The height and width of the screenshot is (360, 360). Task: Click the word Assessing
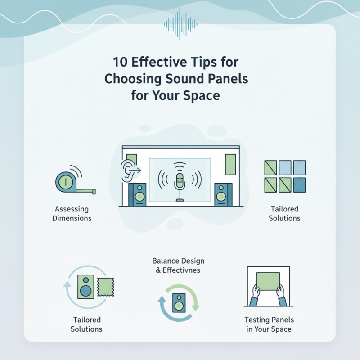[x=72, y=209]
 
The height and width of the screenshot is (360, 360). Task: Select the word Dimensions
[x=72, y=219]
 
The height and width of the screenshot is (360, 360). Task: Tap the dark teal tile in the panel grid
[x=299, y=184]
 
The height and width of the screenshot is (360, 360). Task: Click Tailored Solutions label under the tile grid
[x=284, y=214]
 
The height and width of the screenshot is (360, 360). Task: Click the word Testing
[x=257, y=320]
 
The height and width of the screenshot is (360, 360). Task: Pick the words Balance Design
[x=178, y=261]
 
